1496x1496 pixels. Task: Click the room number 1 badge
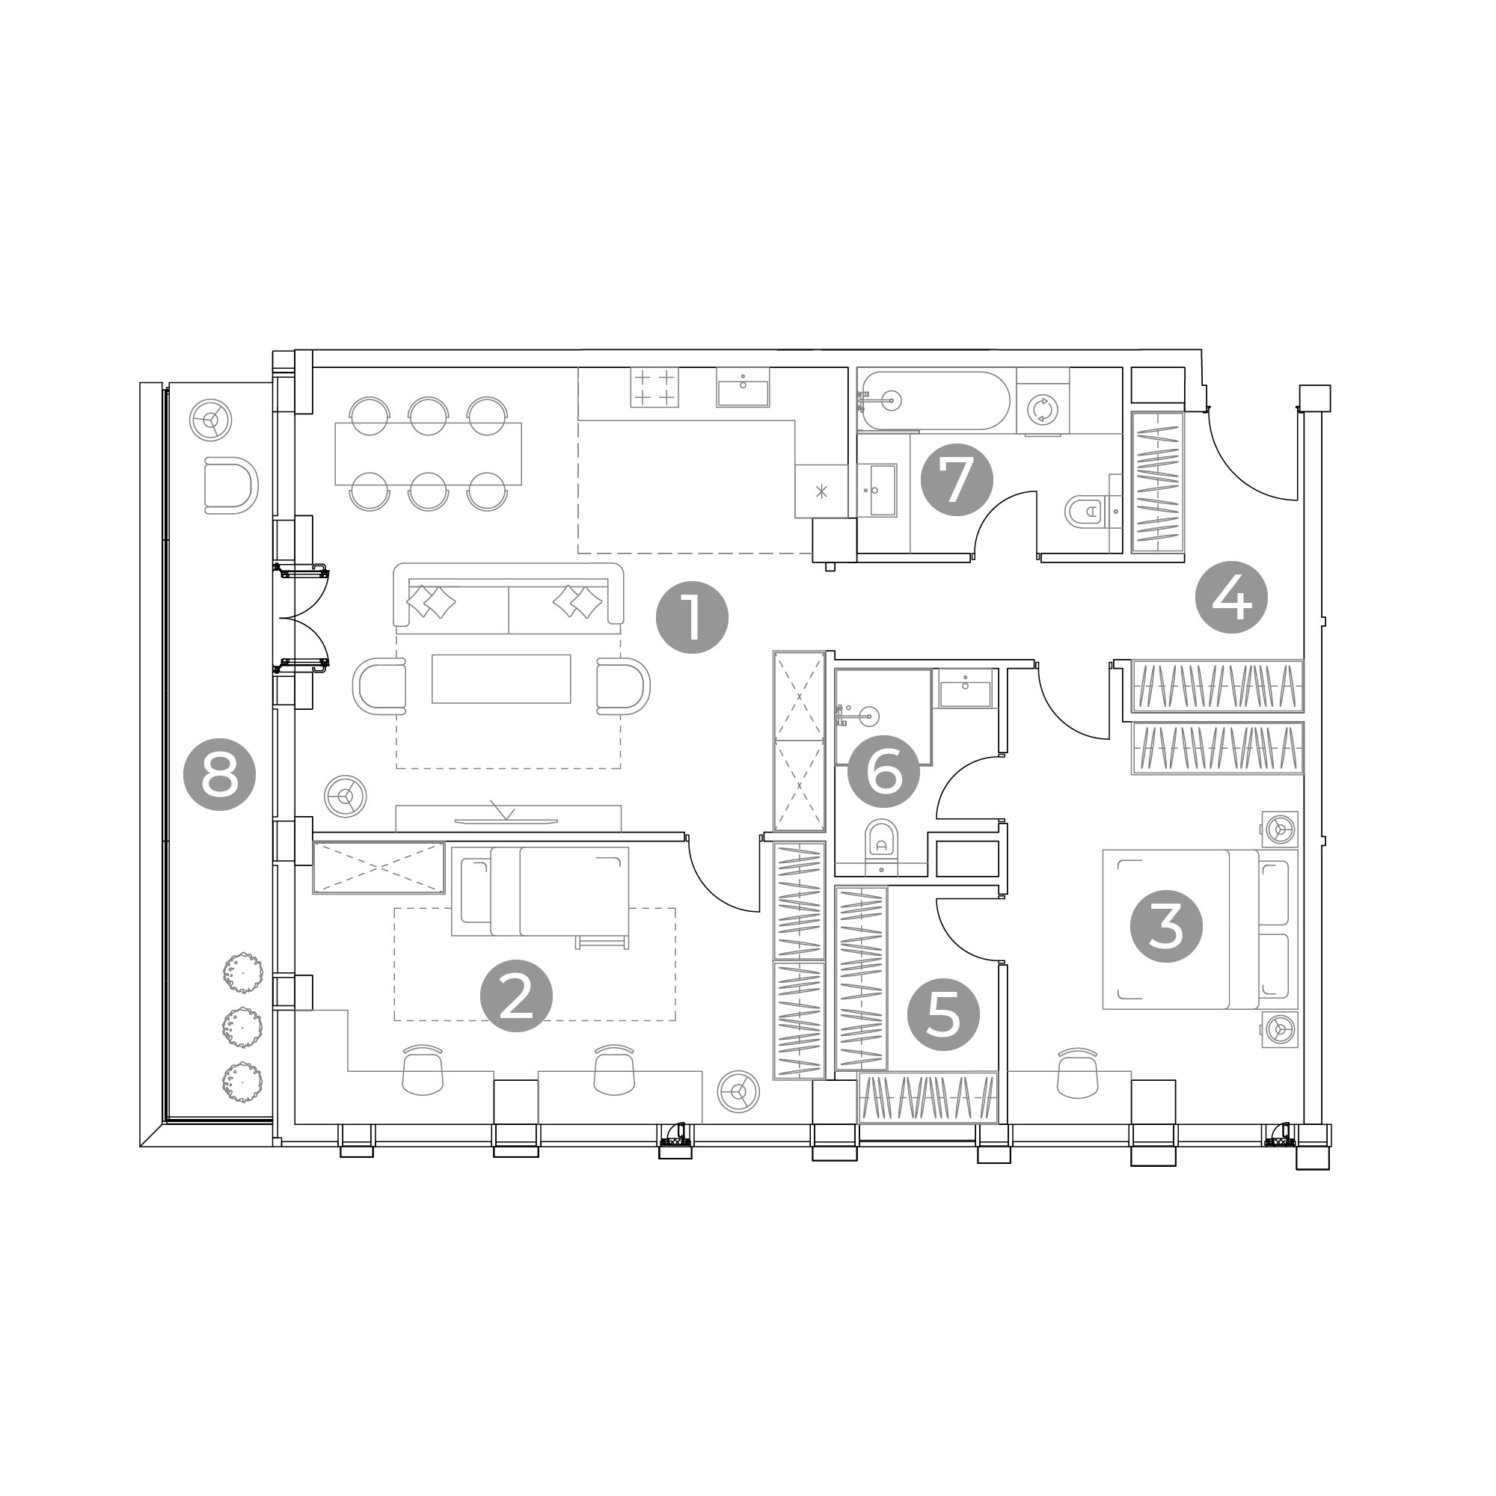pos(691,617)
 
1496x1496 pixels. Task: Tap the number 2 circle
pos(516,996)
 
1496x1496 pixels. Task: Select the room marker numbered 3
pos(1166,926)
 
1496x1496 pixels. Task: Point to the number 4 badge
pos(1231,597)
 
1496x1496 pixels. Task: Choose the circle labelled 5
pos(943,1014)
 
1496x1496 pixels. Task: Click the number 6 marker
pos(883,772)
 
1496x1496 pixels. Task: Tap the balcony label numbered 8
pos(219,774)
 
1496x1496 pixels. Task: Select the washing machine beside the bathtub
pos(1042,409)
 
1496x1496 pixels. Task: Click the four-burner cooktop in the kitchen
pos(655,387)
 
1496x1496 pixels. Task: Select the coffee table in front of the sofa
pos(501,678)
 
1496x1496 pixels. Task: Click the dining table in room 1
pos(428,454)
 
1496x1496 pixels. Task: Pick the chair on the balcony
pos(230,485)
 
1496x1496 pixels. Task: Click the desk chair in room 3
pos(1077,1073)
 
